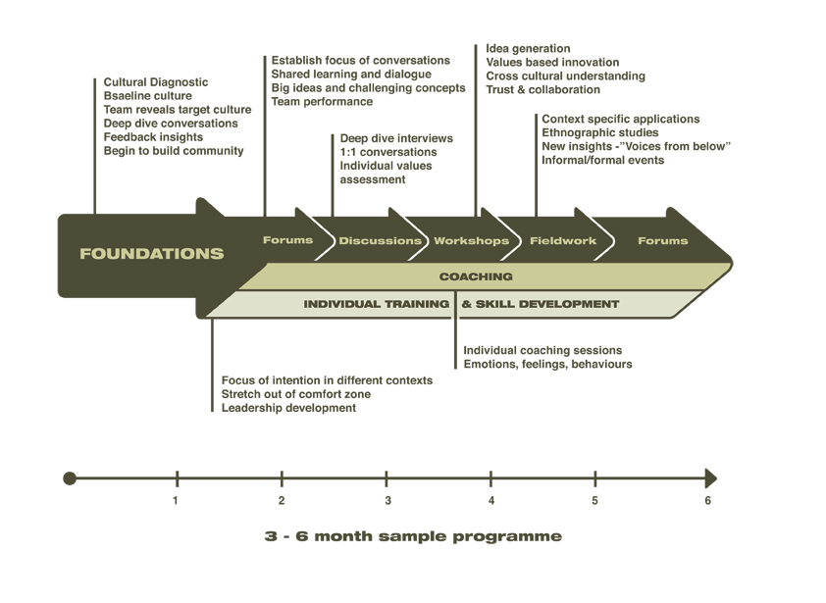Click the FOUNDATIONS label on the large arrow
pos(152,254)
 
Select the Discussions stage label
pos(380,240)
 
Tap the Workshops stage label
pos(472,240)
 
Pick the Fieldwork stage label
pos(563,240)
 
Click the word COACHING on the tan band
pos(476,276)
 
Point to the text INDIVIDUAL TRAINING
pos(376,304)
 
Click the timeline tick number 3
pos(387,500)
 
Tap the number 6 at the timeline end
pos(707,500)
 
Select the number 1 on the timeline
pos(176,500)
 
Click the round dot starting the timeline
pos(70,478)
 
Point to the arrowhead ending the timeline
pos(710,478)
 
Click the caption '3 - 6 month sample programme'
pos(413,536)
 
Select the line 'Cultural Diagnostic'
pos(155,82)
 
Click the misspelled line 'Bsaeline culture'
pos(147,96)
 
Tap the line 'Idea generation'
pos(528,48)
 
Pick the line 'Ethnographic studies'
pos(600,132)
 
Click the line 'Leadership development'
pos(288,408)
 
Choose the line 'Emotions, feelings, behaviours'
pos(547,364)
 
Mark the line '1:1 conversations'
pos(388,152)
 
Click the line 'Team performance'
pos(322,102)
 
